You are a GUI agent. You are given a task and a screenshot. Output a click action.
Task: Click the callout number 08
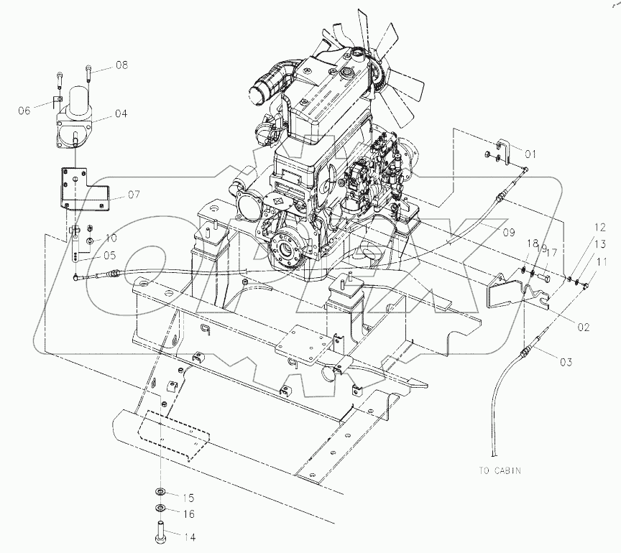click(120, 65)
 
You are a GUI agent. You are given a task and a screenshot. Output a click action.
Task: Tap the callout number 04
click(120, 113)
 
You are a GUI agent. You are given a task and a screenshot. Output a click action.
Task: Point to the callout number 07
click(134, 194)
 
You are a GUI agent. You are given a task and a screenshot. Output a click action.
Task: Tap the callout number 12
click(599, 228)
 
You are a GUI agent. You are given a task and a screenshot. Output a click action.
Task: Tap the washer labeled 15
click(157, 493)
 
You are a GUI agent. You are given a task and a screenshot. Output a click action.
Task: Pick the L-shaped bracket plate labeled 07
click(79, 188)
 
